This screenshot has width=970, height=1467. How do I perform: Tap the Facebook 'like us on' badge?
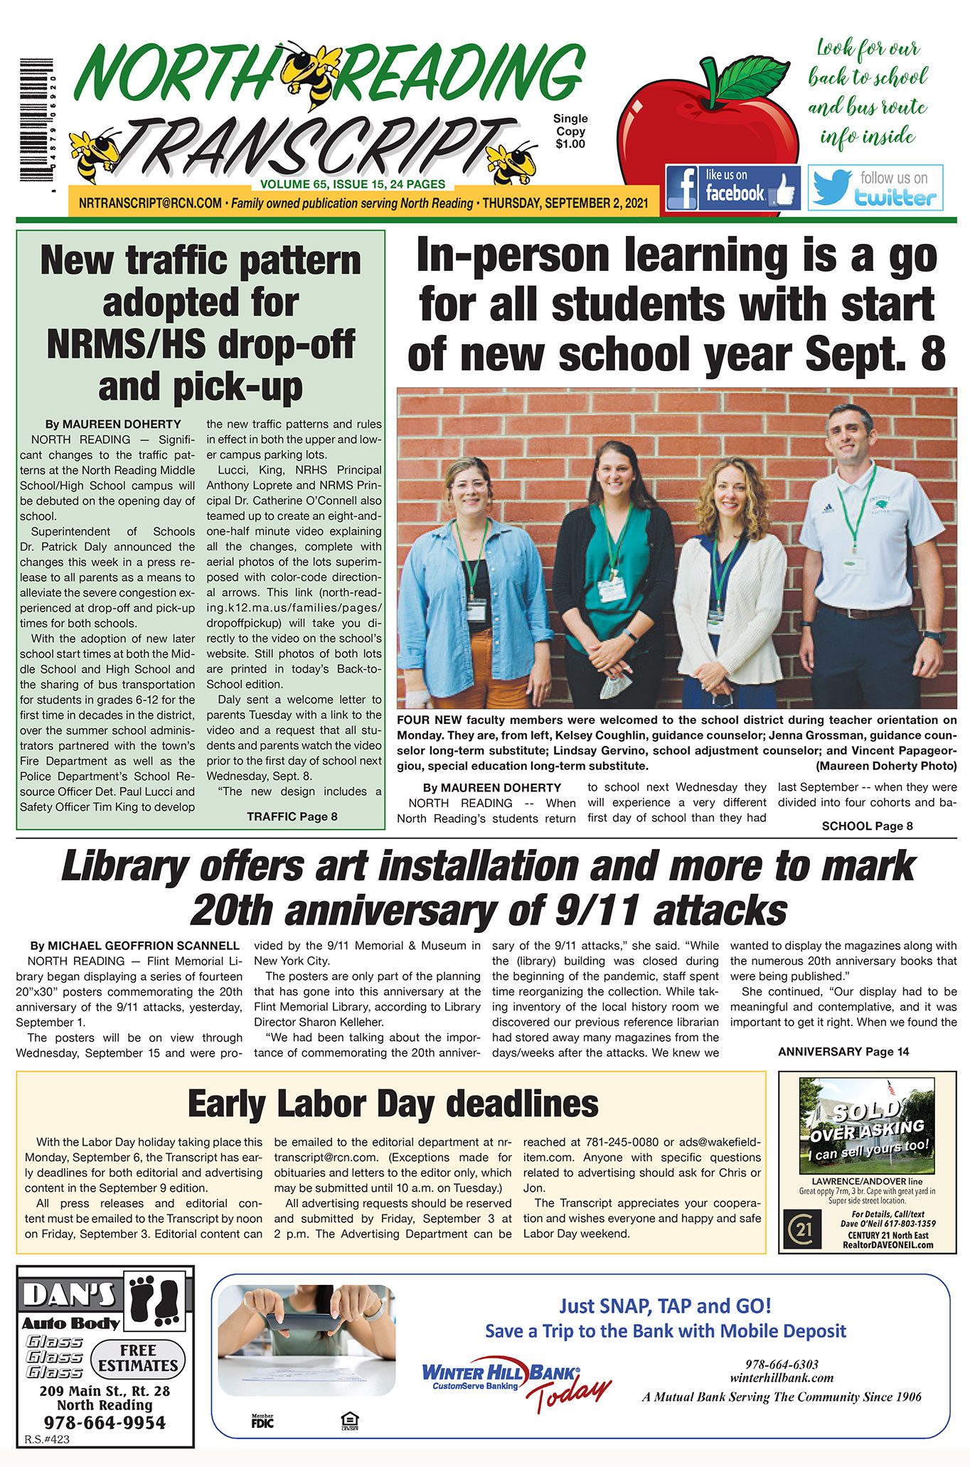pos(732,188)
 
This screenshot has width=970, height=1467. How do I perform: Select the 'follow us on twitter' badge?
pos(875,188)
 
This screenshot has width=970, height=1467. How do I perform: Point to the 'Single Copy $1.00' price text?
pos(570,132)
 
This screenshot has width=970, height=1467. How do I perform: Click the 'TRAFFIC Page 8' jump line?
pos(292,816)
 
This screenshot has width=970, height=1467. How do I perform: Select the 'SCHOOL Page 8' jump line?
pos(867,826)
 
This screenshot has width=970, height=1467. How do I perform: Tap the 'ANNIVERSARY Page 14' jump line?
pos(843,1051)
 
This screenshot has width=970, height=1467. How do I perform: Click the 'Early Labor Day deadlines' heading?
pos(393,1104)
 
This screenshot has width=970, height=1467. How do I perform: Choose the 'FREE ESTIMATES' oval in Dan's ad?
pos(138,1357)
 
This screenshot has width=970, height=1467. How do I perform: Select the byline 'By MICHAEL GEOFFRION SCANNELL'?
pos(134,946)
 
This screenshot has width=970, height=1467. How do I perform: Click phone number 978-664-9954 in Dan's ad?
pos(105,1422)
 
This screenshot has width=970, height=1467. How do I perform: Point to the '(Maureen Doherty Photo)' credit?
pos(886,766)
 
